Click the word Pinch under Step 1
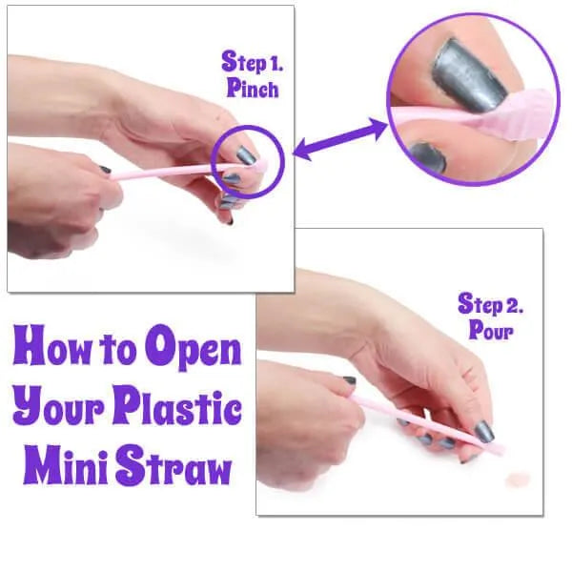click(253, 89)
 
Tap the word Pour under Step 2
click(491, 330)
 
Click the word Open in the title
click(193, 349)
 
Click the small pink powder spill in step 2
click(518, 480)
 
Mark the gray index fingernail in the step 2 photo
click(484, 431)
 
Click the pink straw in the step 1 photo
click(182, 171)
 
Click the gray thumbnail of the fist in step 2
click(350, 380)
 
